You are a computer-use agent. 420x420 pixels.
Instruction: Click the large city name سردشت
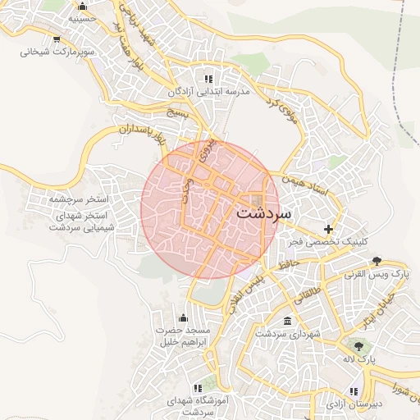(263, 212)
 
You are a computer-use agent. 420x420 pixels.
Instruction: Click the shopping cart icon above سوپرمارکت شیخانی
(56, 38)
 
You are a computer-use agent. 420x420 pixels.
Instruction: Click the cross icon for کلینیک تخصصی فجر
(329, 228)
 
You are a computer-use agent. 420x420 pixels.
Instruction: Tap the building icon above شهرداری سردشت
(285, 321)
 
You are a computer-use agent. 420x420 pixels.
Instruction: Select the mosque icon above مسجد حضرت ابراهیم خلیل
(182, 317)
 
